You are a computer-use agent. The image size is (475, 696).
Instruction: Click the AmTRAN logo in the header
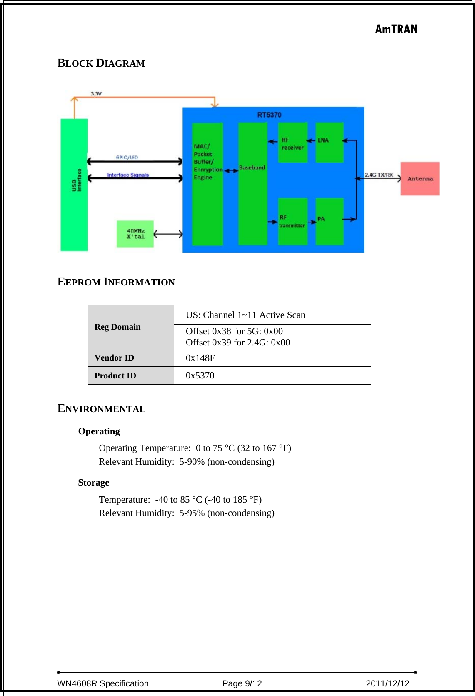396,29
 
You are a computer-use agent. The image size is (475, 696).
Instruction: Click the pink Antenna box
420,179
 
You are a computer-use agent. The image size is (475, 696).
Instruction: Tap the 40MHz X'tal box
135,234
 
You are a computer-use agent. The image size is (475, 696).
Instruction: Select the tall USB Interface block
74,185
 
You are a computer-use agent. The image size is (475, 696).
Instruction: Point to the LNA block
330,142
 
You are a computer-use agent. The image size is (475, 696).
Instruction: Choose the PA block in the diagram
330,221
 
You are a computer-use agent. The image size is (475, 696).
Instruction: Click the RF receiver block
293,142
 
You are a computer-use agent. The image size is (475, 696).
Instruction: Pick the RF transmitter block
292,221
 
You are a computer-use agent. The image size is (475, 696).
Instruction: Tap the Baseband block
252,184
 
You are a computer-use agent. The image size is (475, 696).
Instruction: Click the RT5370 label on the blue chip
269,115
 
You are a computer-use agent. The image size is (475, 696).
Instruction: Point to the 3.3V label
96,94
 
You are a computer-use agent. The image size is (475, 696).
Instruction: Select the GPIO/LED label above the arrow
127,157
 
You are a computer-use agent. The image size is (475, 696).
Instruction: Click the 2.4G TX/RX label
379,175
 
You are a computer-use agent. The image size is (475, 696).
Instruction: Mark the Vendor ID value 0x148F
200,358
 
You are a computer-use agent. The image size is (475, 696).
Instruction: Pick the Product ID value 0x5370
200,375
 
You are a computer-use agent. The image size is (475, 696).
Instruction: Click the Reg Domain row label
117,327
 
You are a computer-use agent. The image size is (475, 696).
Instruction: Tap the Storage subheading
94,483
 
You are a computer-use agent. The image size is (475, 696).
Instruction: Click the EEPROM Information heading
116,282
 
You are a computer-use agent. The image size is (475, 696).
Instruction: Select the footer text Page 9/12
242,683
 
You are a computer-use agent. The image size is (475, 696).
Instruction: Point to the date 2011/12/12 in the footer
387,683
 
